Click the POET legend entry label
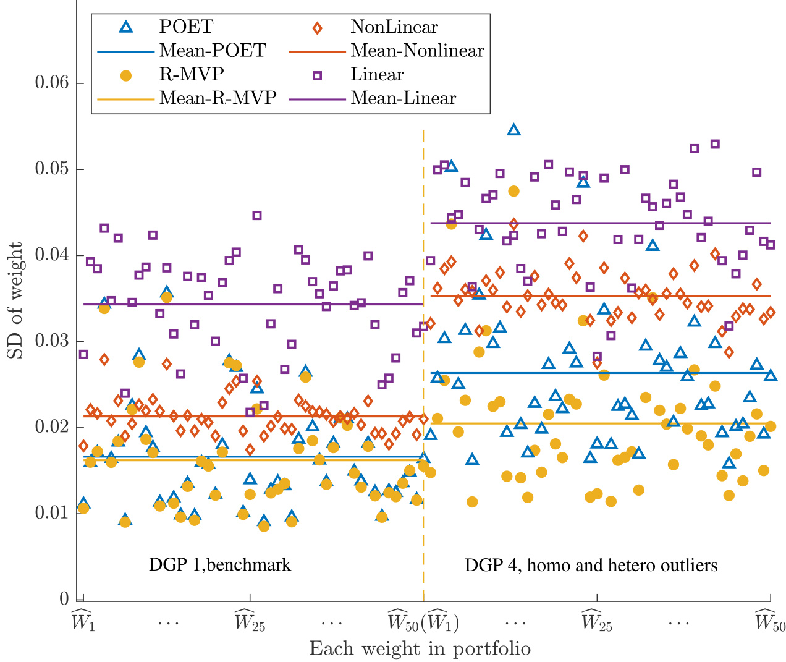[x=186, y=27]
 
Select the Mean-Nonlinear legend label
[x=417, y=51]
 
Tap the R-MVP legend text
[x=192, y=75]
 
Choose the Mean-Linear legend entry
[x=403, y=98]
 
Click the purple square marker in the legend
[x=317, y=75]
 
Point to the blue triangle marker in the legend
[x=125, y=27]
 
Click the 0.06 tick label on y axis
[x=52, y=83]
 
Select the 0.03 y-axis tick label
[x=52, y=341]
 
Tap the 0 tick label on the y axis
[x=64, y=598]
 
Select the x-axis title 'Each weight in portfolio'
[x=420, y=648]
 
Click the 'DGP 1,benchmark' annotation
[x=219, y=564]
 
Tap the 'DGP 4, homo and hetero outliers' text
[x=591, y=565]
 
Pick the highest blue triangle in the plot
[x=513, y=130]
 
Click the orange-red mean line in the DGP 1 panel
[x=247, y=416]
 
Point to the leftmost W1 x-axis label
[x=83, y=621]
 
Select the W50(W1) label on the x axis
[x=423, y=621]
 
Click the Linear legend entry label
[x=377, y=75]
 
